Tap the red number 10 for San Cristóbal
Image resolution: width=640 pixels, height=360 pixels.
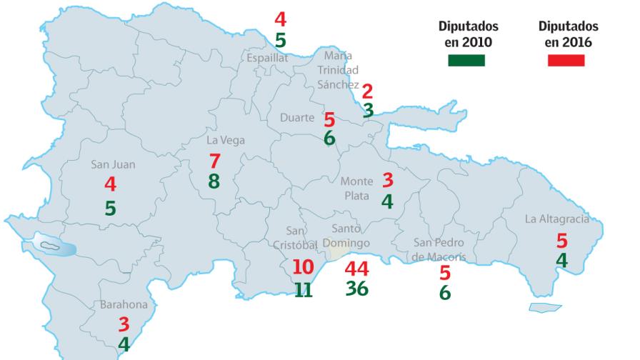pyautogui.click(x=304, y=268)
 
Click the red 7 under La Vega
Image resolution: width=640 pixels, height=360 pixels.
pyautogui.click(x=214, y=161)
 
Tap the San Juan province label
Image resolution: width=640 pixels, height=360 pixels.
pyautogui.click(x=113, y=164)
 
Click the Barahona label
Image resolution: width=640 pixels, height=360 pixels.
pyautogui.click(x=124, y=304)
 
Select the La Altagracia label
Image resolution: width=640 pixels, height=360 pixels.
pyautogui.click(x=557, y=219)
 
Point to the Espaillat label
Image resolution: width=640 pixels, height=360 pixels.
pyautogui.click(x=268, y=58)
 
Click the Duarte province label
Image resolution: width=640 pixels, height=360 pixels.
pyautogui.click(x=296, y=118)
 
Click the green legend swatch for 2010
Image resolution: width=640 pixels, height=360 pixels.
pyautogui.click(x=466, y=61)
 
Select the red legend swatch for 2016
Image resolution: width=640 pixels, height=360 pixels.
pyautogui.click(x=566, y=61)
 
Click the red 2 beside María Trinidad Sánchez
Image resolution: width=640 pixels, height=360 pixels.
pyautogui.click(x=368, y=91)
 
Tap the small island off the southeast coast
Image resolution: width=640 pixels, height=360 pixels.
pyautogui.click(x=546, y=307)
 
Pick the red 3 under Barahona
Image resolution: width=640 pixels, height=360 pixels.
pyautogui.click(x=124, y=324)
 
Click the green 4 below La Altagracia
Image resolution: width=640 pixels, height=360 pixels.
pyautogui.click(x=562, y=261)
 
